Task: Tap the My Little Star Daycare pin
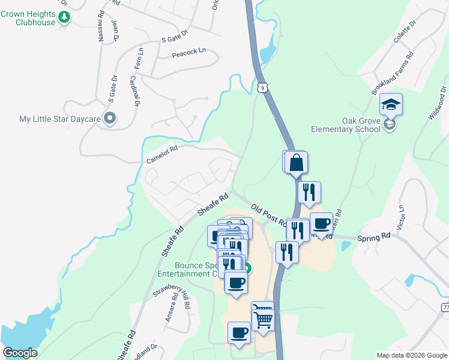(x=109, y=118)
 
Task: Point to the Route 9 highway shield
(x=262, y=88)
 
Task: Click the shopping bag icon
(x=297, y=163)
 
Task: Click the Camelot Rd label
(x=162, y=155)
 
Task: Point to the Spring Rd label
(x=374, y=238)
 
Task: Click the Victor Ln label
(x=401, y=217)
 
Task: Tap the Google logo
(x=20, y=353)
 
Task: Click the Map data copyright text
(x=412, y=355)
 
